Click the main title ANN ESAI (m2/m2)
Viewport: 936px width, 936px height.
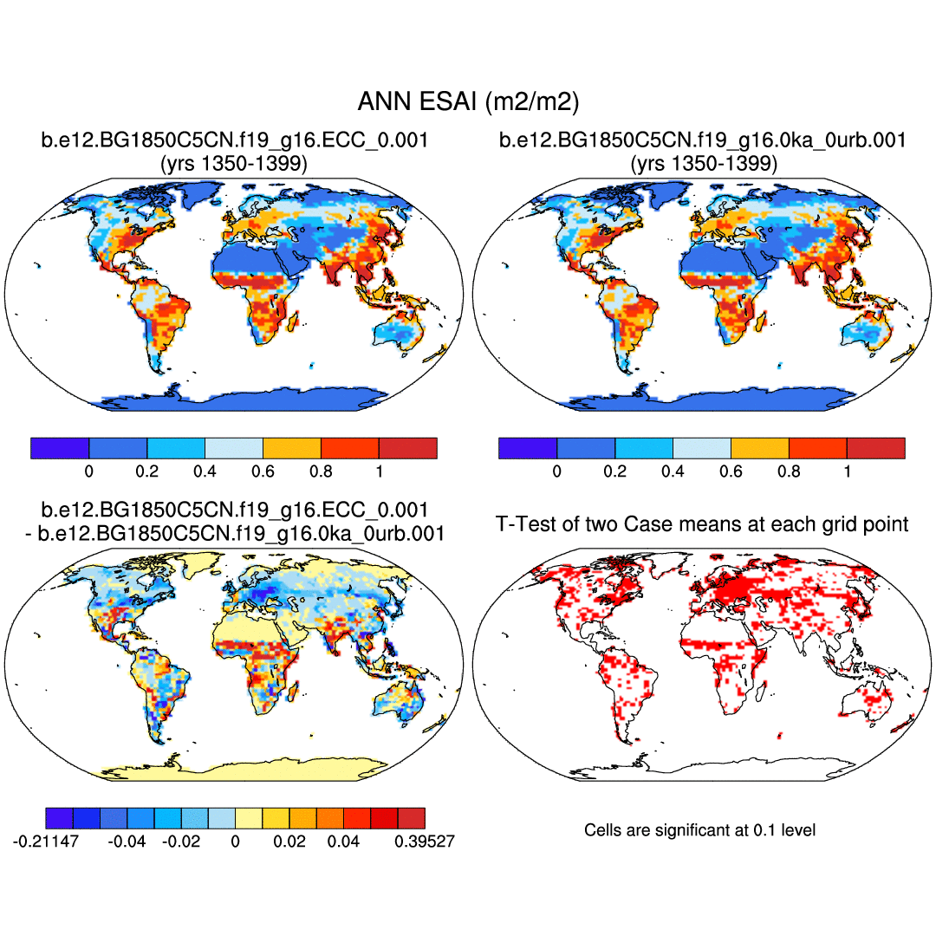pos(468,102)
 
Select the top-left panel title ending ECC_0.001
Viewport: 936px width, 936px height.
pos(234,140)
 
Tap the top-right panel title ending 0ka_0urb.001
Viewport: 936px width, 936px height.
pos(702,140)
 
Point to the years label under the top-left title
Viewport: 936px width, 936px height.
pos(234,163)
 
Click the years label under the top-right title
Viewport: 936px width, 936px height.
pos(702,163)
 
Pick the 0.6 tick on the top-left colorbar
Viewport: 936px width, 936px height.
pos(263,471)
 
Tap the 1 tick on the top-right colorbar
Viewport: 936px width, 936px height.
pos(847,471)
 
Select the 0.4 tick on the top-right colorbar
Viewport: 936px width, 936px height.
pos(673,471)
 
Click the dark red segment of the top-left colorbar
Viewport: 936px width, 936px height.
pos(407,448)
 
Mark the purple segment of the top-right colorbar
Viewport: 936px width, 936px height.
pos(528,448)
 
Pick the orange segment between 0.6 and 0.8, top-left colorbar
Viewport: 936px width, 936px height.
pos(291,448)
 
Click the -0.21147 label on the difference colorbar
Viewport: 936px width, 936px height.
pos(46,841)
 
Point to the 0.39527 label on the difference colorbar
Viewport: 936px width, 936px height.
pos(425,841)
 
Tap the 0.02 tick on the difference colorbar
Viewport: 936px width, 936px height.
pos(289,841)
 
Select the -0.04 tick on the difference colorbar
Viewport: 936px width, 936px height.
pos(127,841)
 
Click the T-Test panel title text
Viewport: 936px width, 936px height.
pos(702,523)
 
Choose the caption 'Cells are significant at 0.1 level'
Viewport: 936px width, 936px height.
pos(700,830)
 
